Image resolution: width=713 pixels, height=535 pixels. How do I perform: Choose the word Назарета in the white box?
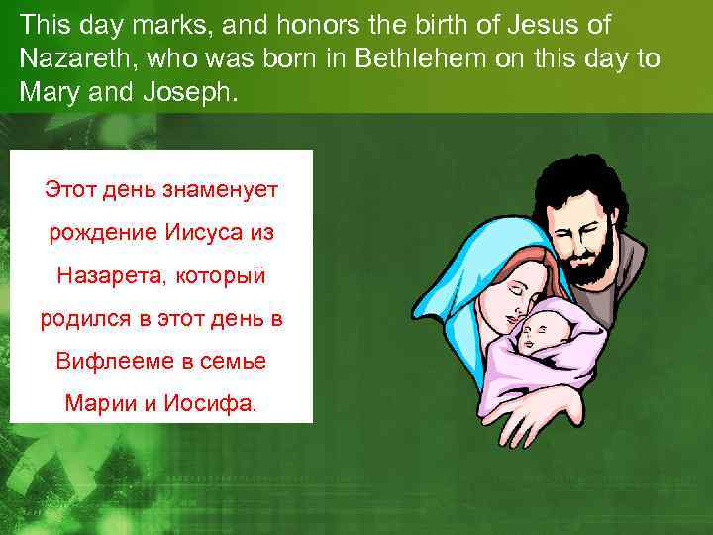(110, 274)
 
